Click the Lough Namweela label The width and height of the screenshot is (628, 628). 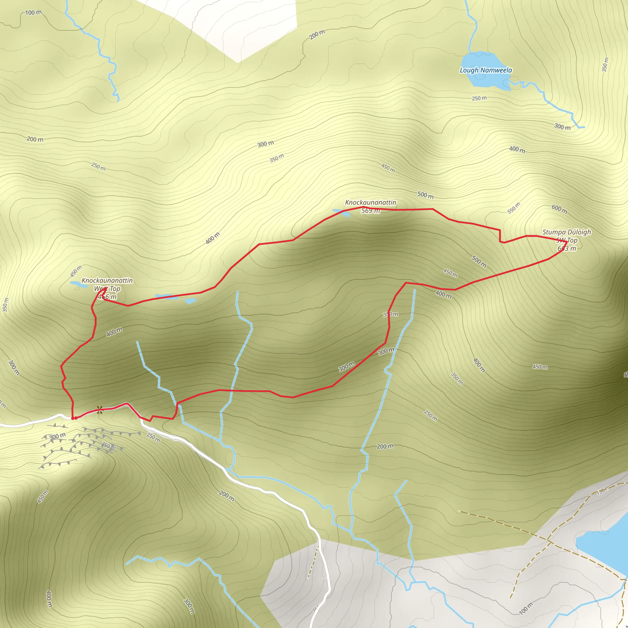click(486, 70)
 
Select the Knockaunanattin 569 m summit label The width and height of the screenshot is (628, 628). click(370, 206)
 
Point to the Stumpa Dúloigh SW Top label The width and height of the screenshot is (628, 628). click(567, 236)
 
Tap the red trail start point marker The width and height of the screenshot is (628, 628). click(74, 418)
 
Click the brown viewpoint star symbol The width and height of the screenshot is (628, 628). click(99, 410)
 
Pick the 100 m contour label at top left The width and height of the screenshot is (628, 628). click(33, 13)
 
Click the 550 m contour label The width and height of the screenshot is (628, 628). click(514, 208)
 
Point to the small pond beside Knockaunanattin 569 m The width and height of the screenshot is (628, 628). click(341, 213)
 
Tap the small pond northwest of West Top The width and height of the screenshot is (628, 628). click(79, 284)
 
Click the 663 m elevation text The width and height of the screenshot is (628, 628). click(567, 249)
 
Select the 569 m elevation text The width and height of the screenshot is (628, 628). click(370, 211)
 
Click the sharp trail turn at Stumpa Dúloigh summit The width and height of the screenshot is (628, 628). click(567, 242)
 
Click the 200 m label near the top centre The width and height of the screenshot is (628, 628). click(317, 34)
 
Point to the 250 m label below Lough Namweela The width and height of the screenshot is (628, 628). click(479, 98)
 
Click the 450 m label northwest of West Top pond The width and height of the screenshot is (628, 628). click(76, 271)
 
